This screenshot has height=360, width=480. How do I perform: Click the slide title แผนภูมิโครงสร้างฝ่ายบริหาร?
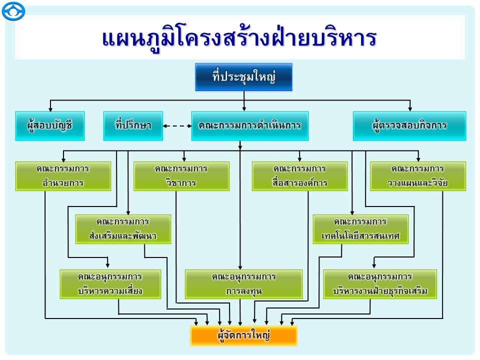pos(239,39)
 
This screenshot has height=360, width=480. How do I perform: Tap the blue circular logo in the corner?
pos(13,11)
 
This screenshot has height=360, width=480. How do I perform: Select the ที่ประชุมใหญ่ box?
pos(243,77)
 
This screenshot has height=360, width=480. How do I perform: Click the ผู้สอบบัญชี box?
pos(50,125)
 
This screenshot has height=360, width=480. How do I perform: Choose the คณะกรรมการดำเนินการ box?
pos(249,125)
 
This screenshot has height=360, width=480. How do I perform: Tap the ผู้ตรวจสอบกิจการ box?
pos(409,125)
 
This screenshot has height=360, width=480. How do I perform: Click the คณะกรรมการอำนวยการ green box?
pos(63,176)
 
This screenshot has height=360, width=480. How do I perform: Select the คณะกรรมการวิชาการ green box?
pos(181,176)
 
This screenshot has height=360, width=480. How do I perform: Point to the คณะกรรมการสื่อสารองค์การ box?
pos(299,176)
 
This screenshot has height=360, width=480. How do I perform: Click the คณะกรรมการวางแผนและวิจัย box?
pos(418,176)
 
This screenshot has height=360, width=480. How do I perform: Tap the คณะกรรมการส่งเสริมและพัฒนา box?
pos(123,229)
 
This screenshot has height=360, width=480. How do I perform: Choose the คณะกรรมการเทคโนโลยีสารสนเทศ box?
pos(360,229)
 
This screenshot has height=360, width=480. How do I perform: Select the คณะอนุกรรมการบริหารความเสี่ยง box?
pos(110,284)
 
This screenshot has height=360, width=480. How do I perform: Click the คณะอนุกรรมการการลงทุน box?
pos(243,284)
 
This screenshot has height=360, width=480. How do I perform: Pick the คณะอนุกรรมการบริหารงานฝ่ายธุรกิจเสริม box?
pos(380,284)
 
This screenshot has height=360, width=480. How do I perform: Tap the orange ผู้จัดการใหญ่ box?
pos(243,336)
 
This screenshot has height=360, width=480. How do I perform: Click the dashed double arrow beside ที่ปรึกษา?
pos(178,125)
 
